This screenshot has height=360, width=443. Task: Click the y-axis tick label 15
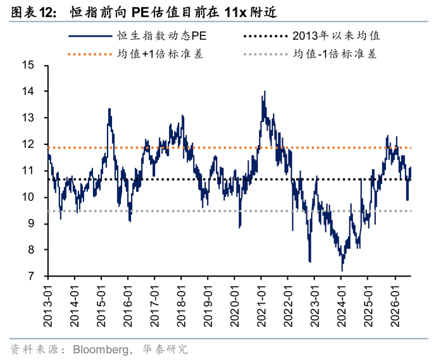pyautogui.click(x=28, y=65)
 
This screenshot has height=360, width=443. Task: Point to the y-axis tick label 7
pyautogui.click(x=31, y=276)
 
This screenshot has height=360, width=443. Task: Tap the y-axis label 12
pyautogui.click(x=28, y=144)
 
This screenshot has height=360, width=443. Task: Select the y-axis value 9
pyautogui.click(x=31, y=223)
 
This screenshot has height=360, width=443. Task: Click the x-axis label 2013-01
pyautogui.click(x=48, y=306)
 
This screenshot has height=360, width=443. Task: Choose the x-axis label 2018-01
pyautogui.click(x=181, y=306)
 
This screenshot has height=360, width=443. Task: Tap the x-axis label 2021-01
pyautogui.click(x=261, y=306)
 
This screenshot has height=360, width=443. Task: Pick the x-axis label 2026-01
pyautogui.click(x=395, y=306)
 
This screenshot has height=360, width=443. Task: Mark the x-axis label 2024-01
pyautogui.click(x=341, y=306)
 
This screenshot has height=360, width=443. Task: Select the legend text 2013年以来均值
pyautogui.click(x=336, y=36)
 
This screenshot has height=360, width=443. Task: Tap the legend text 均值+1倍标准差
pyautogui.click(x=160, y=54)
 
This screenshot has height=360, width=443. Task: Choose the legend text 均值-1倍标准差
pyautogui.click(x=335, y=54)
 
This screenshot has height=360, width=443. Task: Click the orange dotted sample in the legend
pyautogui.click(x=90, y=54)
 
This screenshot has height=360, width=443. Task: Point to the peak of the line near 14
pyautogui.click(x=265, y=91)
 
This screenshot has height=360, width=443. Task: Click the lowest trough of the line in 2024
pyautogui.click(x=342, y=271)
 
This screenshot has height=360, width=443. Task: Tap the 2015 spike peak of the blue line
pyautogui.click(x=109, y=109)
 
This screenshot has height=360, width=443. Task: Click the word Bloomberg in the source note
pyautogui.click(x=100, y=349)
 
